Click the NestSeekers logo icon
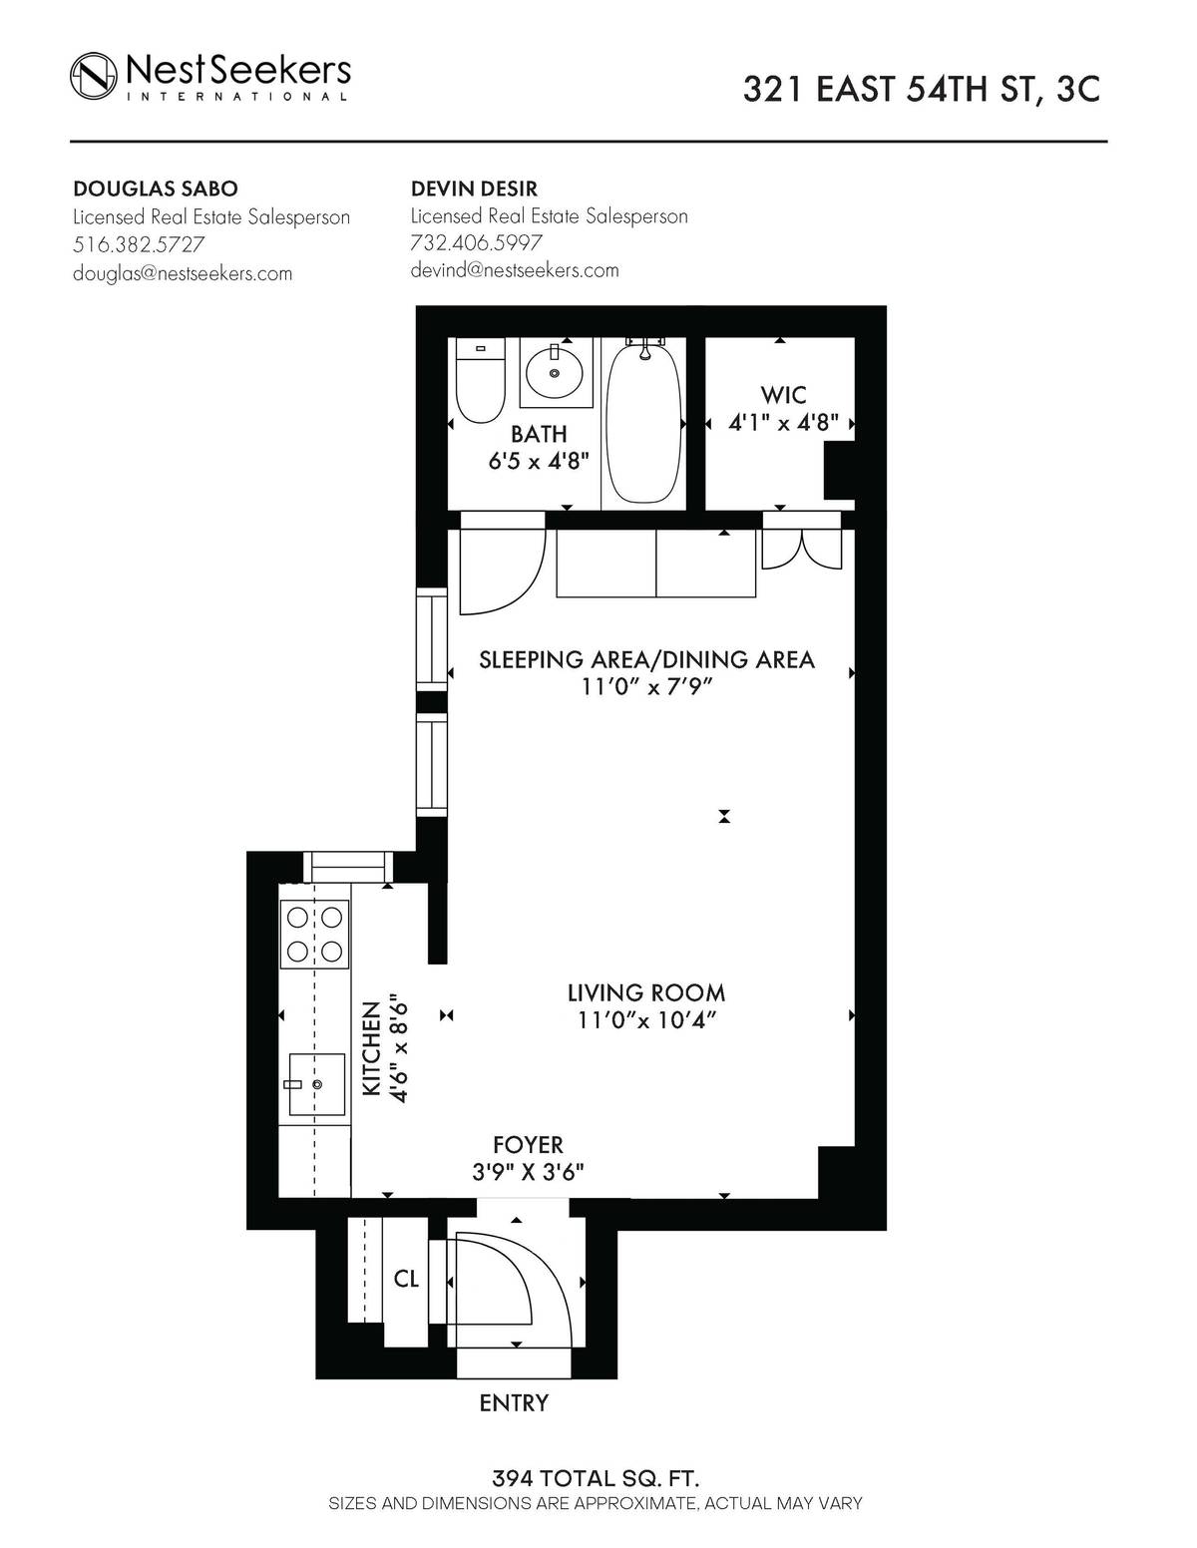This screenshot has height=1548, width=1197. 94,75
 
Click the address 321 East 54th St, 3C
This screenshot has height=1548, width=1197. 921,90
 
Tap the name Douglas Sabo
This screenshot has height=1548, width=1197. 156,190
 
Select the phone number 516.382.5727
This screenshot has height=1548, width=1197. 139,244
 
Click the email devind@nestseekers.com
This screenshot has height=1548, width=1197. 515,270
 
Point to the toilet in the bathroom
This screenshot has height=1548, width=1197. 479,382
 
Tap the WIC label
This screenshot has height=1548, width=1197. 783,396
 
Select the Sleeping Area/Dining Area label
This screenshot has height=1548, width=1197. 646,660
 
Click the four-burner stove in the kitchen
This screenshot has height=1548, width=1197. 315,934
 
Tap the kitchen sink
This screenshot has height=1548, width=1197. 316,1084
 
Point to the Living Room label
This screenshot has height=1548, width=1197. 646,993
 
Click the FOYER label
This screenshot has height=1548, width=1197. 528,1145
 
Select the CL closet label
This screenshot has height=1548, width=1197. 406,1279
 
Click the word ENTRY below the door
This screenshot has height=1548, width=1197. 514,1403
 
